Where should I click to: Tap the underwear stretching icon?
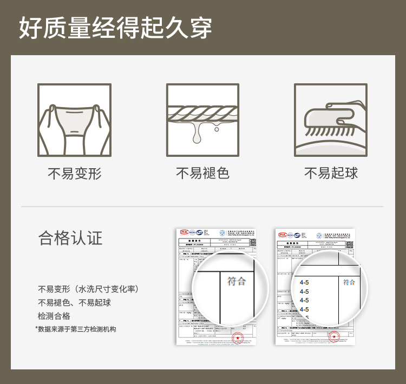click(x=74, y=120)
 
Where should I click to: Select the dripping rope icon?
click(x=203, y=120)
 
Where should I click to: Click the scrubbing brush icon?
click(x=331, y=120)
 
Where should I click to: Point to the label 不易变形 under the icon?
click(x=74, y=174)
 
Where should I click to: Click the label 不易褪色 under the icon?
click(x=203, y=173)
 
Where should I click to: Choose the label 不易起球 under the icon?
click(x=331, y=173)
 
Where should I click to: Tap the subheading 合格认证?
click(x=70, y=238)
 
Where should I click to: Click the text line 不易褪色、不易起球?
click(x=74, y=303)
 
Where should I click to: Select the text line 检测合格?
click(x=54, y=316)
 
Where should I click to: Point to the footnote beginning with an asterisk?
click(x=76, y=329)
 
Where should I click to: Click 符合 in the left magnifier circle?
click(x=237, y=281)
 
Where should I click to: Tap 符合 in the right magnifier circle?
click(x=349, y=282)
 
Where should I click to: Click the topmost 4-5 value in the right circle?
click(x=304, y=282)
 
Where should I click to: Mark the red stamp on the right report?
click(x=333, y=337)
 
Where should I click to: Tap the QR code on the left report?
click(x=250, y=244)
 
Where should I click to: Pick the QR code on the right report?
click(x=349, y=244)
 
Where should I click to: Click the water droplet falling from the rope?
click(x=217, y=129)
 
